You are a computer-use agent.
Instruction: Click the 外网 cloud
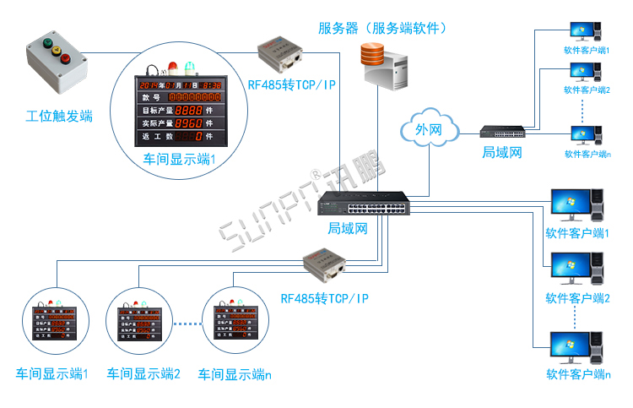tap(429, 130)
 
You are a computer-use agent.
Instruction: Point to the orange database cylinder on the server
tap(372, 56)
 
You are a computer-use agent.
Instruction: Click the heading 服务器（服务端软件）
tap(382, 28)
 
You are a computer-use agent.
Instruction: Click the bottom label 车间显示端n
tap(235, 373)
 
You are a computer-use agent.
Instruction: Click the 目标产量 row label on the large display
tap(155, 110)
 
